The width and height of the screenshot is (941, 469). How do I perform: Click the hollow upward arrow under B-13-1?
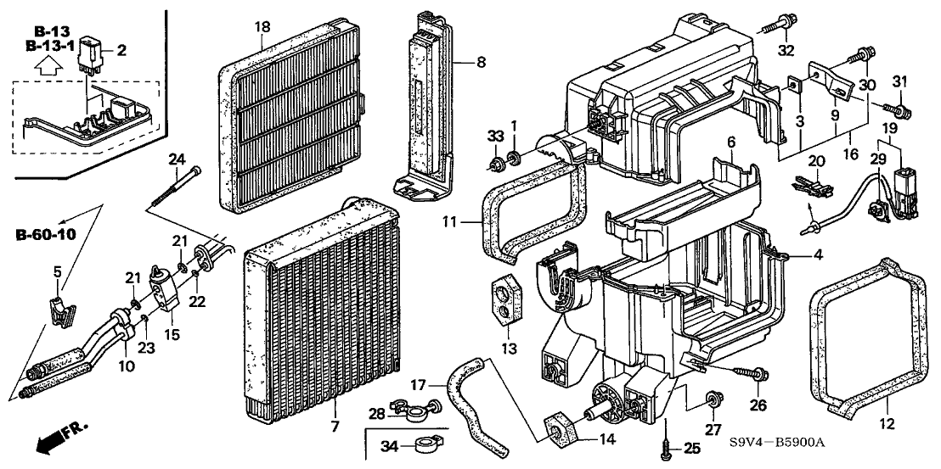pyautogui.click(x=50, y=64)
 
